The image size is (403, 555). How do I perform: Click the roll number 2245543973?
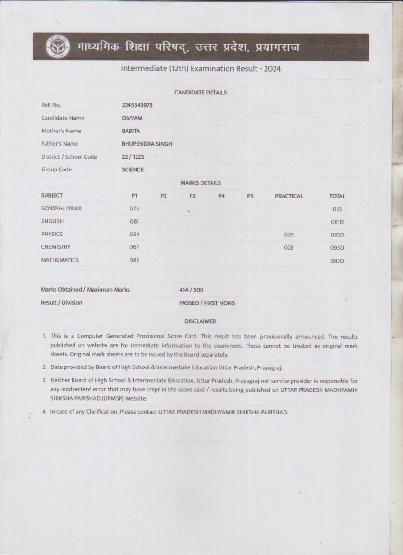pos(137,105)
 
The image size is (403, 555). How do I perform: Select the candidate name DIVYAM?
pos(132,118)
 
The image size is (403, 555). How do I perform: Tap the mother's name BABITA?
pos(131,131)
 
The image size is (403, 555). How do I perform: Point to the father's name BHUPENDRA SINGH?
pos(147,144)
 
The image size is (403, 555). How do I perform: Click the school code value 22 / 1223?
pos(133,157)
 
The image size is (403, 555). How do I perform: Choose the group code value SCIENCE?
pos(133,169)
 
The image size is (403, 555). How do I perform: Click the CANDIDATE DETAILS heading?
pos(201,93)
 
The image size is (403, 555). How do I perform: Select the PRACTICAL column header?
pos(289,196)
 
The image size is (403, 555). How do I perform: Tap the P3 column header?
pos(192,196)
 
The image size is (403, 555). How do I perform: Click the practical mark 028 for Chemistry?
pos(289,247)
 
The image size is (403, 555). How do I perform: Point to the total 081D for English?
pos(337,222)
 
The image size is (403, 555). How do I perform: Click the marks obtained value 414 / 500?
pos(192,290)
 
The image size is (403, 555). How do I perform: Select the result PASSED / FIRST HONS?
pos(207,303)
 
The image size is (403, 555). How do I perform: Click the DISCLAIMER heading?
pos(200,321)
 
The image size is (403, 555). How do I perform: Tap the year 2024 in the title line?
pos(273,69)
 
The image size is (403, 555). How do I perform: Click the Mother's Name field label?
pos(61,131)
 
